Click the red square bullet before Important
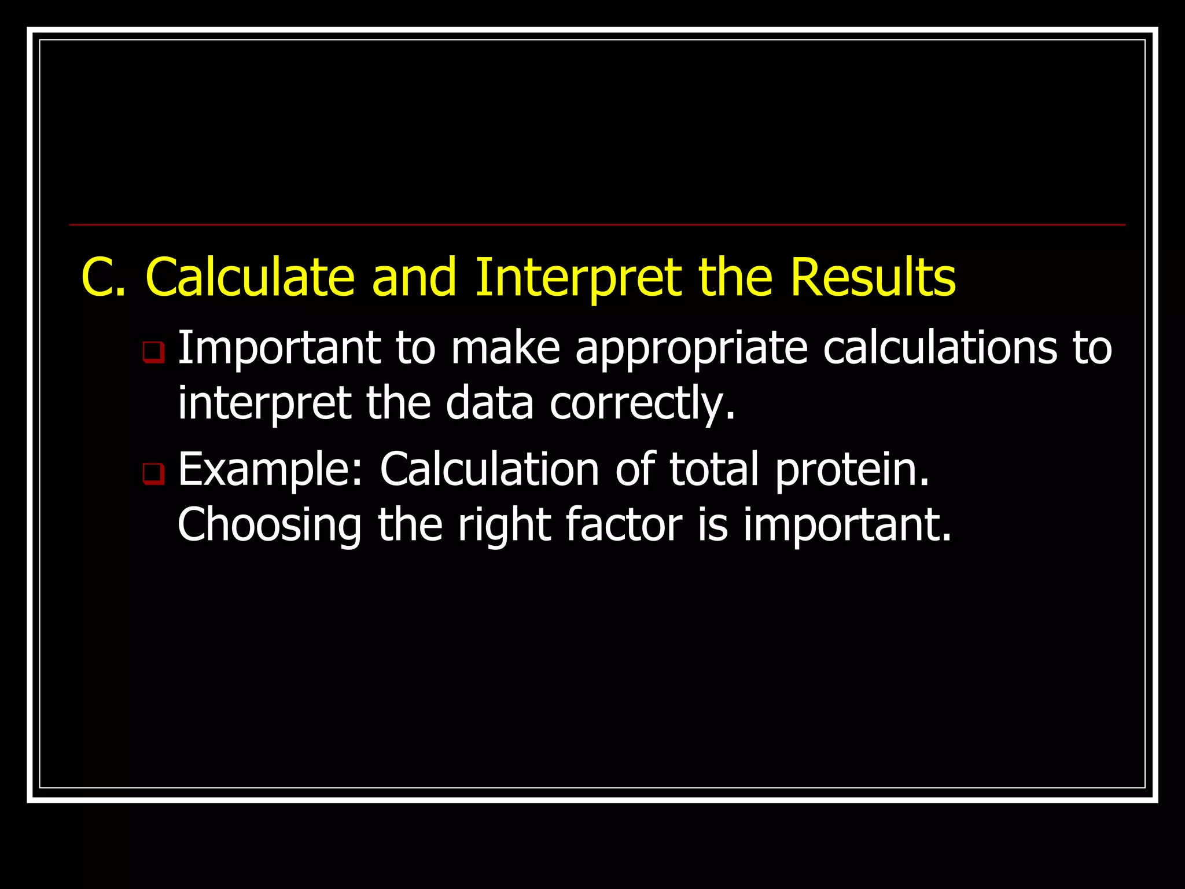tap(153, 352)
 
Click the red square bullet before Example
tap(153, 474)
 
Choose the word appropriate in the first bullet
tap(691, 349)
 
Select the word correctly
tap(642, 403)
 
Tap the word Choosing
tap(269, 526)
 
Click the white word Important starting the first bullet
tap(278, 349)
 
